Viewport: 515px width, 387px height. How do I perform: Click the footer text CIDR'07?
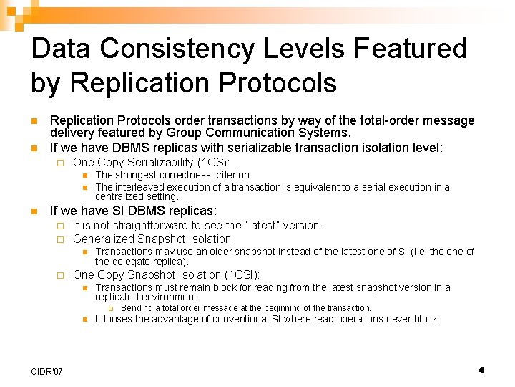(x=47, y=371)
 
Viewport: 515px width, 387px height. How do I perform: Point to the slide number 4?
(x=481, y=370)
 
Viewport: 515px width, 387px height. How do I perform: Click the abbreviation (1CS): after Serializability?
(x=212, y=163)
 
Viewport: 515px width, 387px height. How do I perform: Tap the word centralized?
(x=119, y=196)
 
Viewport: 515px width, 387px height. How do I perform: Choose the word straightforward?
(x=167, y=225)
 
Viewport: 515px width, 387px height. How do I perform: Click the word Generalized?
(x=102, y=239)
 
